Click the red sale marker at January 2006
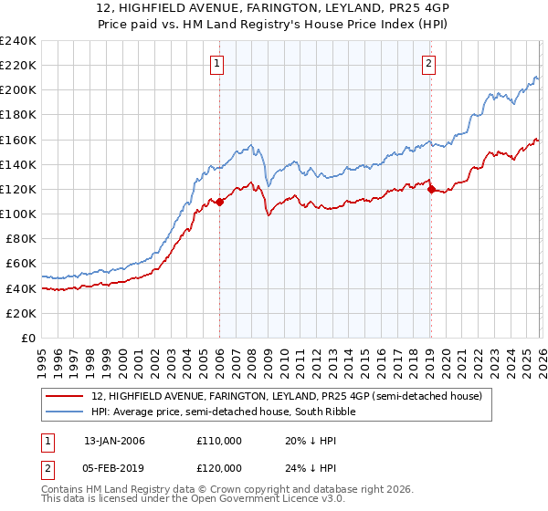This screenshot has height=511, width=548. pyautogui.click(x=220, y=202)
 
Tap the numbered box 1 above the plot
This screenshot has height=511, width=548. pyautogui.click(x=217, y=63)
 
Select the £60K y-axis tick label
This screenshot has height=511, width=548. pyautogui.click(x=20, y=264)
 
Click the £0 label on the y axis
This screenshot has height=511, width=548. pyautogui.click(x=27, y=338)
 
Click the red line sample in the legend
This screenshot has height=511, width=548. pyautogui.click(x=66, y=395)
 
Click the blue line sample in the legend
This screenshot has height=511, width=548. pyautogui.click(x=66, y=412)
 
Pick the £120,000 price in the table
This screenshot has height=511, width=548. pyautogui.click(x=218, y=468)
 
